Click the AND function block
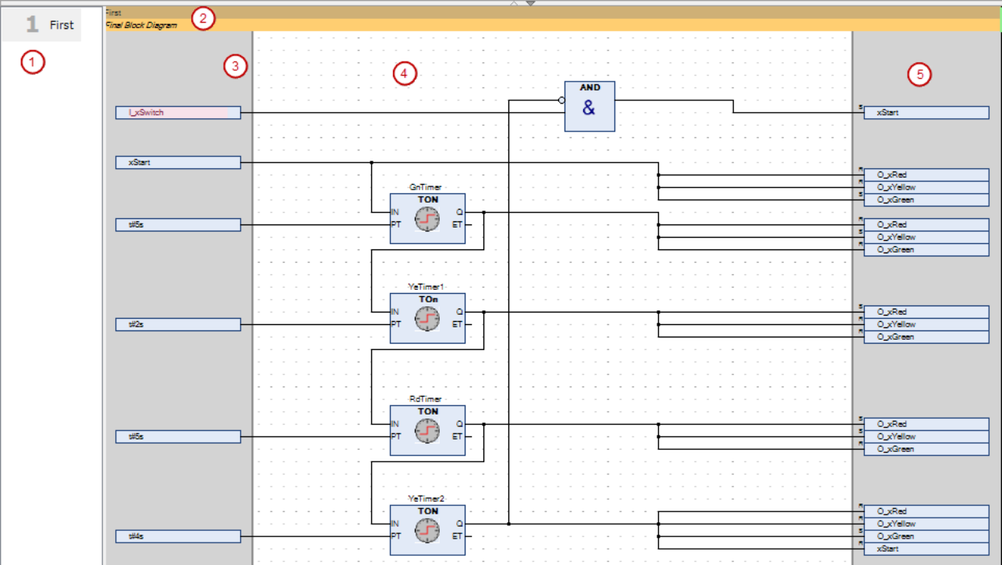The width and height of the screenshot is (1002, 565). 589,106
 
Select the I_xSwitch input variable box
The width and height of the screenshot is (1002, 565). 178,113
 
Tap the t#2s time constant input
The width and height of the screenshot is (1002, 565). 178,324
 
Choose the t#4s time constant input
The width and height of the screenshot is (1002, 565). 178,536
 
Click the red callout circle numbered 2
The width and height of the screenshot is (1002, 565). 203,19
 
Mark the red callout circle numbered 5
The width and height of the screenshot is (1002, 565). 920,74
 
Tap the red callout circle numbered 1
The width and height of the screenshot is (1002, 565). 32,62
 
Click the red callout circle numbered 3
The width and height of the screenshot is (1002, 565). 235,67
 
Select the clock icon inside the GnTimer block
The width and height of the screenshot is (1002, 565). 427,220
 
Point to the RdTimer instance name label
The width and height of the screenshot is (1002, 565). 427,399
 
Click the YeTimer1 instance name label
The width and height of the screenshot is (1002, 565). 427,287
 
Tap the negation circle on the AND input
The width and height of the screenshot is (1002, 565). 561,101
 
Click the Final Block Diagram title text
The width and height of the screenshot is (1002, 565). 141,25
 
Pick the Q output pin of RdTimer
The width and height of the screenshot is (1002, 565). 459,425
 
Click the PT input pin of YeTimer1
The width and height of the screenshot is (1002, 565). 396,324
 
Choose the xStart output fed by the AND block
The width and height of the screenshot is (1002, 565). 926,113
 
